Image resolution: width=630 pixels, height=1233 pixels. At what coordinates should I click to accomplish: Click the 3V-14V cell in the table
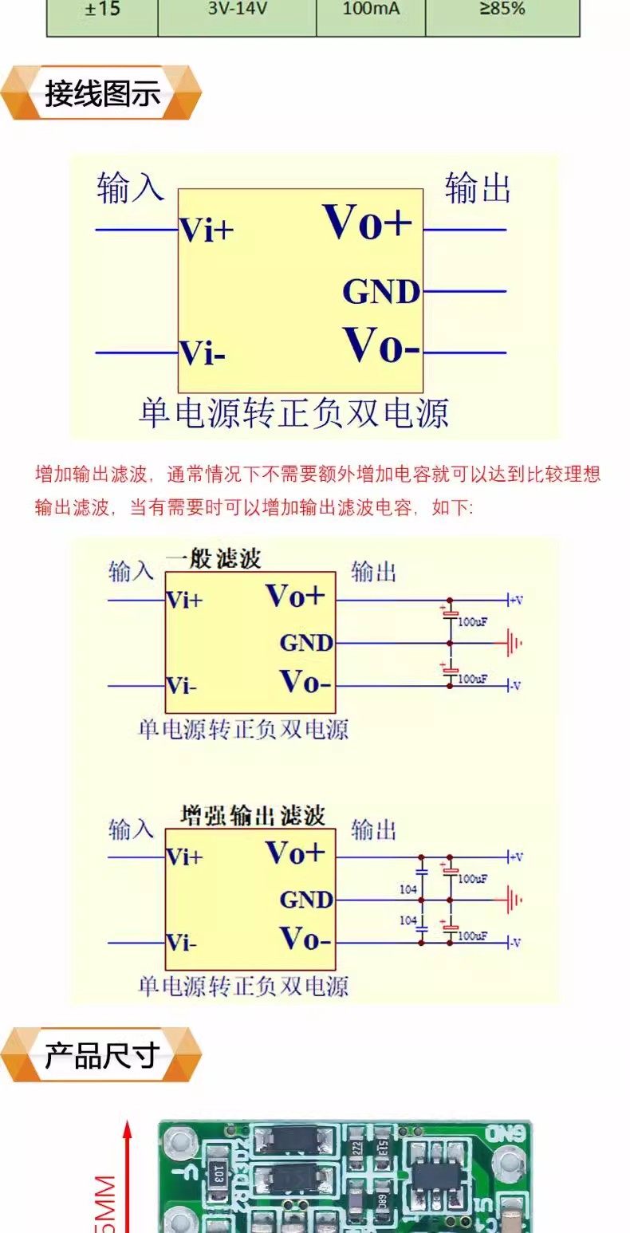pos(237,10)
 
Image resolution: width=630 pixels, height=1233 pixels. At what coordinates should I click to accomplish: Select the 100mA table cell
pos(371,10)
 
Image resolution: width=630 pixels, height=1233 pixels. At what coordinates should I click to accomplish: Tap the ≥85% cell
pos(502,10)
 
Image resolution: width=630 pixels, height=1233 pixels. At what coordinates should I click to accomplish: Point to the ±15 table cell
pos(102,10)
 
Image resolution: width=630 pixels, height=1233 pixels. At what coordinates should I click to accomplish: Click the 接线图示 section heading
pos(102,93)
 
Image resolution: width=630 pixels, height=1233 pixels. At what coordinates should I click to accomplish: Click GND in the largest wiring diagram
pos(381,292)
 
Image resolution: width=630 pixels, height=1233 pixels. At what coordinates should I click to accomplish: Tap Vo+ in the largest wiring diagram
pos(367,222)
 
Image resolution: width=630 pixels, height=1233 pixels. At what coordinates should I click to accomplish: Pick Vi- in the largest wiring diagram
pos(202,353)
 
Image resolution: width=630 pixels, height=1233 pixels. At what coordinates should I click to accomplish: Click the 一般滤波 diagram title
pos(213,558)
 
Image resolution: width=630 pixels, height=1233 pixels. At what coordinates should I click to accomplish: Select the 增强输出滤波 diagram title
pos(253,815)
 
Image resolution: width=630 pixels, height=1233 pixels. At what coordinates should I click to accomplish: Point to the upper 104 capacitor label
pos(408,888)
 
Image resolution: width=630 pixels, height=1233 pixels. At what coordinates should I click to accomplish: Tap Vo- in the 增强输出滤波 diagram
pos(305,940)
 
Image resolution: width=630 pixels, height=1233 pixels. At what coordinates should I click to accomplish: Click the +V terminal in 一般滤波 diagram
pos(514,599)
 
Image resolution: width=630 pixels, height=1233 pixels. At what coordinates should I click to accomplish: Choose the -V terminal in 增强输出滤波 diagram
pos(514,943)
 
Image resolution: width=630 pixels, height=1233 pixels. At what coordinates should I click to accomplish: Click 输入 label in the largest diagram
pos(130,188)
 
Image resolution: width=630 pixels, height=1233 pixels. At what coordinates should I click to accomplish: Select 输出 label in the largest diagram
pos(477,188)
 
